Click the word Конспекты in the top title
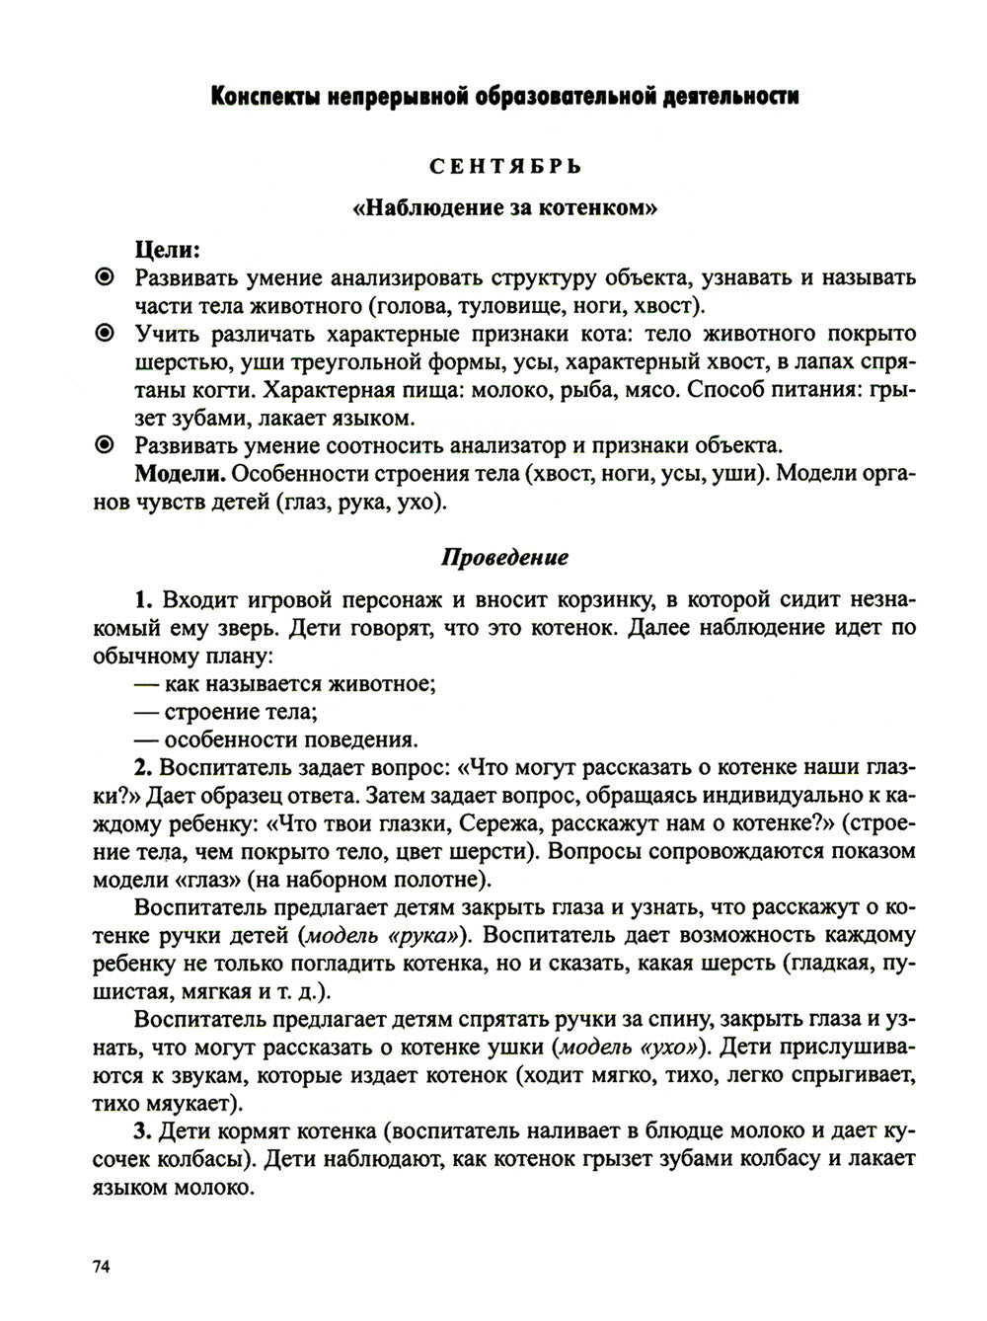(266, 98)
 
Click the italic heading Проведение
(503, 557)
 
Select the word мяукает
(193, 1102)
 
